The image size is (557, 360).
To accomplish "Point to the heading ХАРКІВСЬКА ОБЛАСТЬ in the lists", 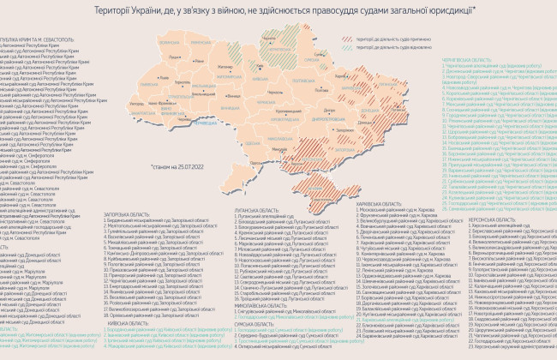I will point(378,204).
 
